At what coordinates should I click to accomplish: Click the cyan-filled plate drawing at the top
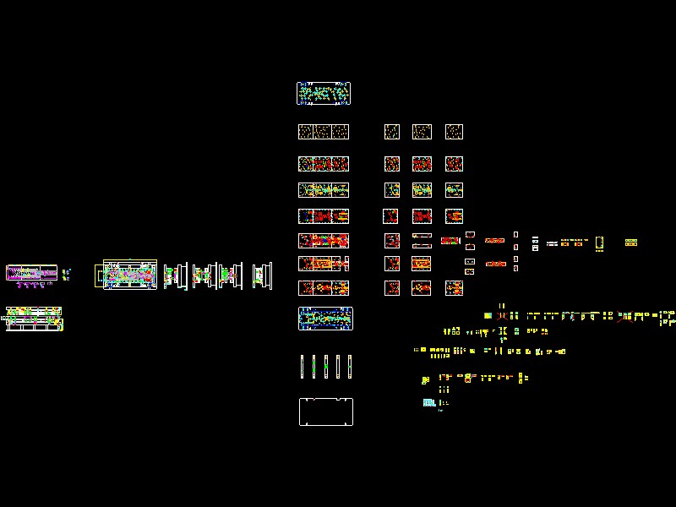324,93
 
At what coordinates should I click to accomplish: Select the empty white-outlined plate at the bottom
325,412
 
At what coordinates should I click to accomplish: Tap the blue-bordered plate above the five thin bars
325,318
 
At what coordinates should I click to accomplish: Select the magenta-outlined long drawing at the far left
31,273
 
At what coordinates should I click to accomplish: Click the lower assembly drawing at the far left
34,319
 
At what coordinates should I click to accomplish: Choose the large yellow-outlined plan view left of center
130,275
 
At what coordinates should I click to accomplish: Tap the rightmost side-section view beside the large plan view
263,275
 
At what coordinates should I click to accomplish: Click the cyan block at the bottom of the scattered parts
428,403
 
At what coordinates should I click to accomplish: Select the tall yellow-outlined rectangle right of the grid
599,243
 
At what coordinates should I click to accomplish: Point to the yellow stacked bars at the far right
630,243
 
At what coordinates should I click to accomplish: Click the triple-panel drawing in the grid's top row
324,132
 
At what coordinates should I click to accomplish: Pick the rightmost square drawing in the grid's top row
454,132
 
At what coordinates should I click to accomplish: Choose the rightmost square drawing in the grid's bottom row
454,288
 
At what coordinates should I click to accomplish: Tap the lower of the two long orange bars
495,264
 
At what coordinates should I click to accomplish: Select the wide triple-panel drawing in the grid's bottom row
324,288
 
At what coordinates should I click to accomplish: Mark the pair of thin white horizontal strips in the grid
422,240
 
